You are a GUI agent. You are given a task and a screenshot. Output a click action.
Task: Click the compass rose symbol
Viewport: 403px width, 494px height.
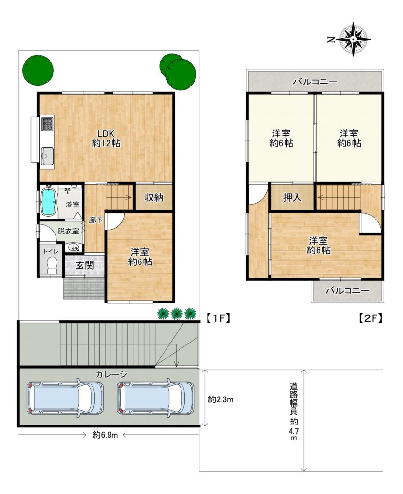353,40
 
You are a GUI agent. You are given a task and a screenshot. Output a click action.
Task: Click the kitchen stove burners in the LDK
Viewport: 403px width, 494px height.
48,124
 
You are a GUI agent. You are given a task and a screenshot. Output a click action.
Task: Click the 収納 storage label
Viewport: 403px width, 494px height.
154,197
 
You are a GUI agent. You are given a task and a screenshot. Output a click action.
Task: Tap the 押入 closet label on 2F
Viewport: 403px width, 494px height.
292,197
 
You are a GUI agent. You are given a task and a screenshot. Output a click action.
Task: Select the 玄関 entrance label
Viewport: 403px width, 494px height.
85,265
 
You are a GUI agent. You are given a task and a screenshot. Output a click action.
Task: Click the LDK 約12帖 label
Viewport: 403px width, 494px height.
106,138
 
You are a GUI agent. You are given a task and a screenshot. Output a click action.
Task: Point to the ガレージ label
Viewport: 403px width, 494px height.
111,374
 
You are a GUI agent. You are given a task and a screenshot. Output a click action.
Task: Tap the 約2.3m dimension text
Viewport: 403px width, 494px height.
221,399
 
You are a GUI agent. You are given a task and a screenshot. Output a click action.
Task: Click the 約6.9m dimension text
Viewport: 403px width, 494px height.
105,435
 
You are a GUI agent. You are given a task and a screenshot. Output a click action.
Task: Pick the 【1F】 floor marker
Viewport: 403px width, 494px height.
218,318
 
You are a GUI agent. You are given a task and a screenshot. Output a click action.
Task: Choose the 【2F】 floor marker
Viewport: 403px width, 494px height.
371,318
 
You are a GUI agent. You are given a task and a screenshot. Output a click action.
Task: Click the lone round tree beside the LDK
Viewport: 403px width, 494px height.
38,70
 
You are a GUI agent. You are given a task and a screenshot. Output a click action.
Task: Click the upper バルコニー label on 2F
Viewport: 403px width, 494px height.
315,82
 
